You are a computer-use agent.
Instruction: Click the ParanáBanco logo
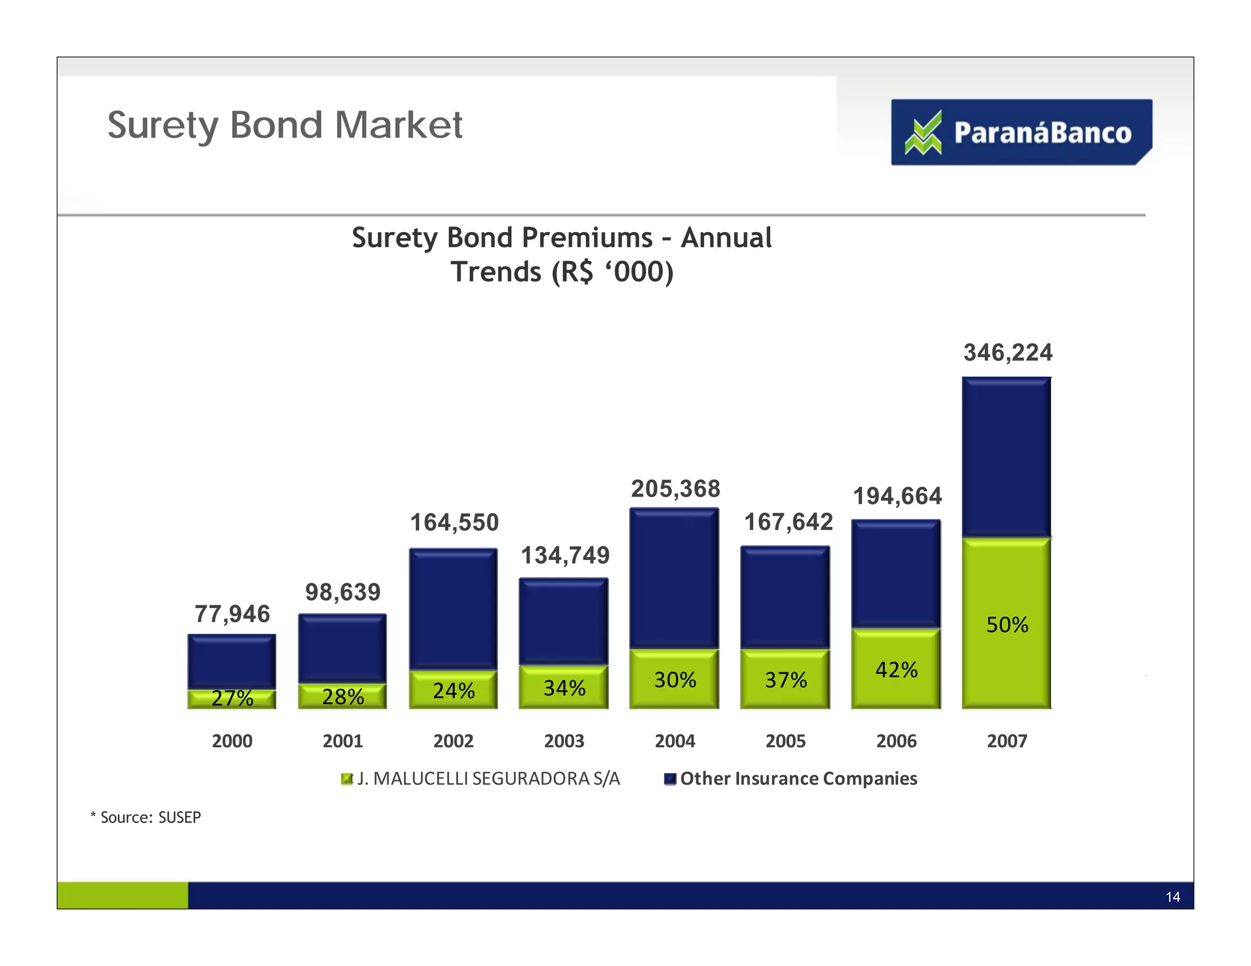1021,132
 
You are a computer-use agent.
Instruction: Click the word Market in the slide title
398,125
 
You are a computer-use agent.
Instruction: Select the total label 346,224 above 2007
1007,353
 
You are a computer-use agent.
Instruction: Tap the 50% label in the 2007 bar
1007,625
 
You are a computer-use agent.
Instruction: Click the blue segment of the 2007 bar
1006,458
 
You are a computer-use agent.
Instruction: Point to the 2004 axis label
674,741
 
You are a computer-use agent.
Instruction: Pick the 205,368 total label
675,489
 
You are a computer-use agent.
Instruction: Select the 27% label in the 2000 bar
232,698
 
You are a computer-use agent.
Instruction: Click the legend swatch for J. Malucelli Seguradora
346,779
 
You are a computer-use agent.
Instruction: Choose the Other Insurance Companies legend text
798,779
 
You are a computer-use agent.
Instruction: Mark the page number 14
1172,897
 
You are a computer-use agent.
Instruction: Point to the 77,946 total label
232,614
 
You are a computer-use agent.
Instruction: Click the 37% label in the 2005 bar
786,680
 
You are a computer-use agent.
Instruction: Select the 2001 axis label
343,741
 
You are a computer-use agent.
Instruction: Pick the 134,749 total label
564,556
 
